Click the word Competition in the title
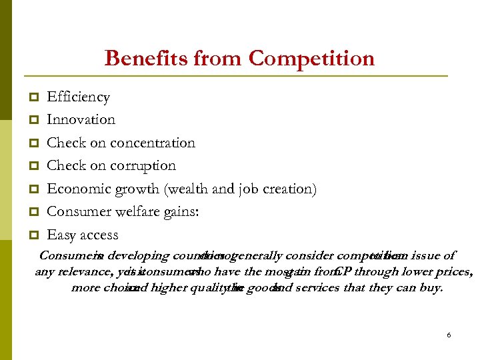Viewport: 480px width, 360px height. pyautogui.click(x=311, y=59)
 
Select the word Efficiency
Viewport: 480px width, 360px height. pyautogui.click(x=78, y=97)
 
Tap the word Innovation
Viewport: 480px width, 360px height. pyautogui.click(x=81, y=120)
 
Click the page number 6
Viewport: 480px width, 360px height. pyautogui.click(x=449, y=335)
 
